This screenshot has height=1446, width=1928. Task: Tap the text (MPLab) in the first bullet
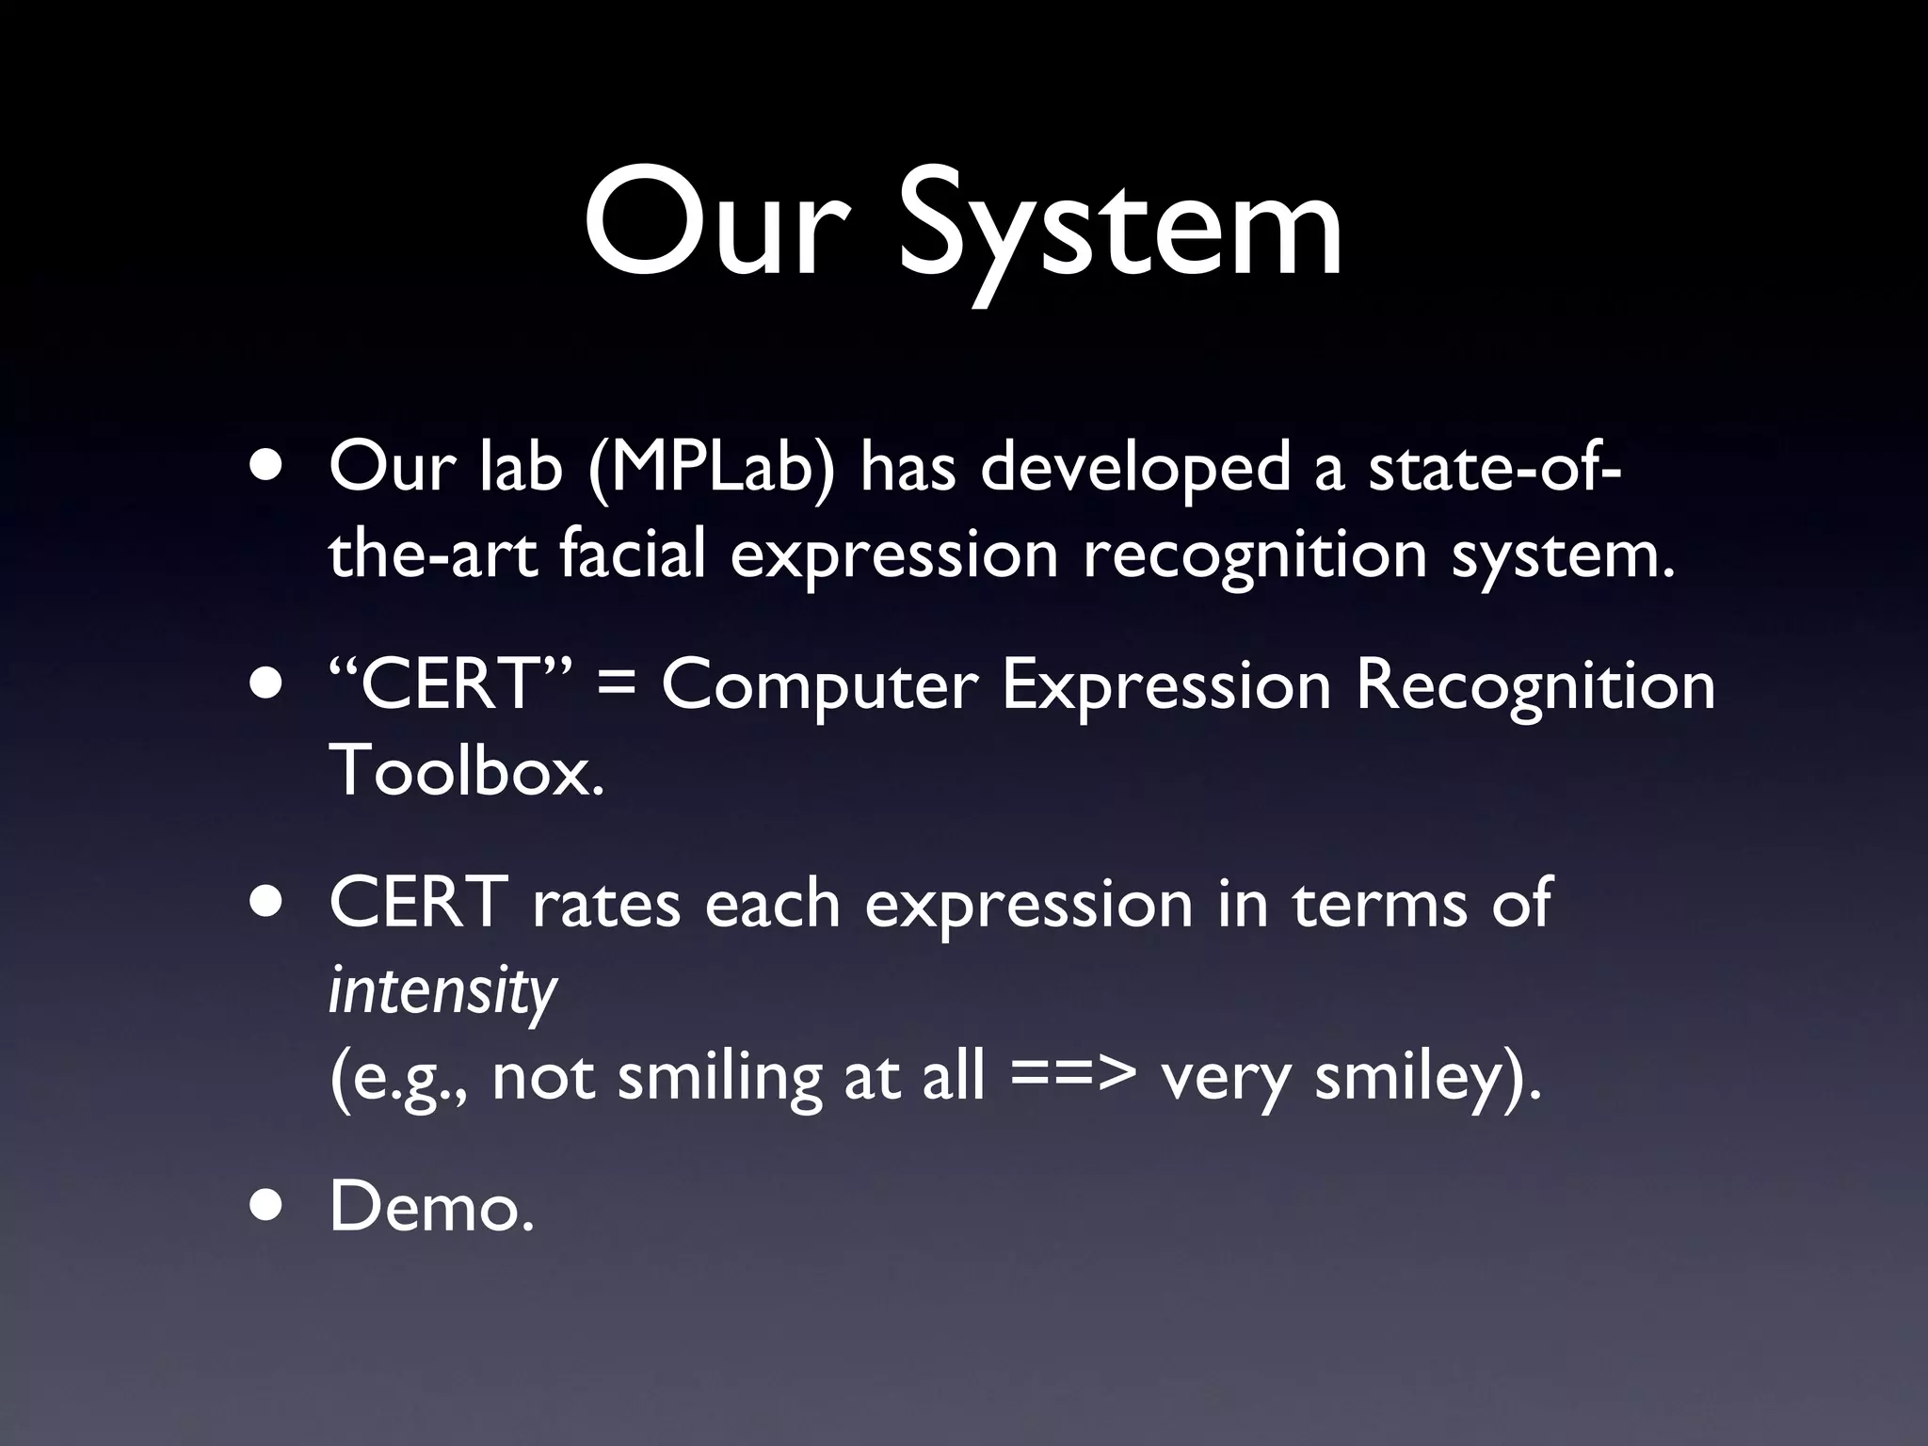(711, 468)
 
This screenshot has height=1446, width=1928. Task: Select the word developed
(1134, 468)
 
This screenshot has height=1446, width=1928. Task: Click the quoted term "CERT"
(448, 684)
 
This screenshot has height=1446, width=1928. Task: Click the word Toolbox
(466, 770)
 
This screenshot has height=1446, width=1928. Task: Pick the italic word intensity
(442, 990)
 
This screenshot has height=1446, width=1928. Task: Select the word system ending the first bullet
(1563, 555)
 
